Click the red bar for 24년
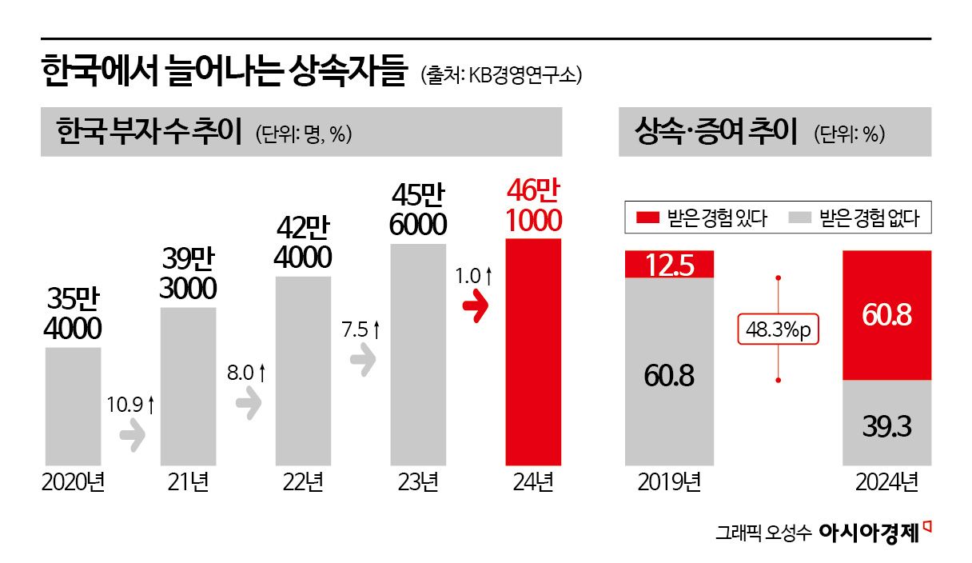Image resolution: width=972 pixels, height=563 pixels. (x=533, y=352)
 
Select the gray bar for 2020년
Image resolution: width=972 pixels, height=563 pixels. (x=73, y=406)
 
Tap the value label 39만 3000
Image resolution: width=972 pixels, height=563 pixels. (x=188, y=274)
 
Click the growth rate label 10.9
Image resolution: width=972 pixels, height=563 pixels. (x=129, y=405)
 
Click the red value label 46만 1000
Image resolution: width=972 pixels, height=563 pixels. (x=533, y=206)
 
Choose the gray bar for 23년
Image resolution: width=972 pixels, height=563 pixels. (x=418, y=354)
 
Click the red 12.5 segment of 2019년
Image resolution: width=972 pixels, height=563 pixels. (x=668, y=264)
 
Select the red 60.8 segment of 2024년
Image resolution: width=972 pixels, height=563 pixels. (x=887, y=315)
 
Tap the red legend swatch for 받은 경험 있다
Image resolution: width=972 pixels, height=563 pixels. (x=647, y=218)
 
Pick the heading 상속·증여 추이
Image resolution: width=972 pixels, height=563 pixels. (x=715, y=132)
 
